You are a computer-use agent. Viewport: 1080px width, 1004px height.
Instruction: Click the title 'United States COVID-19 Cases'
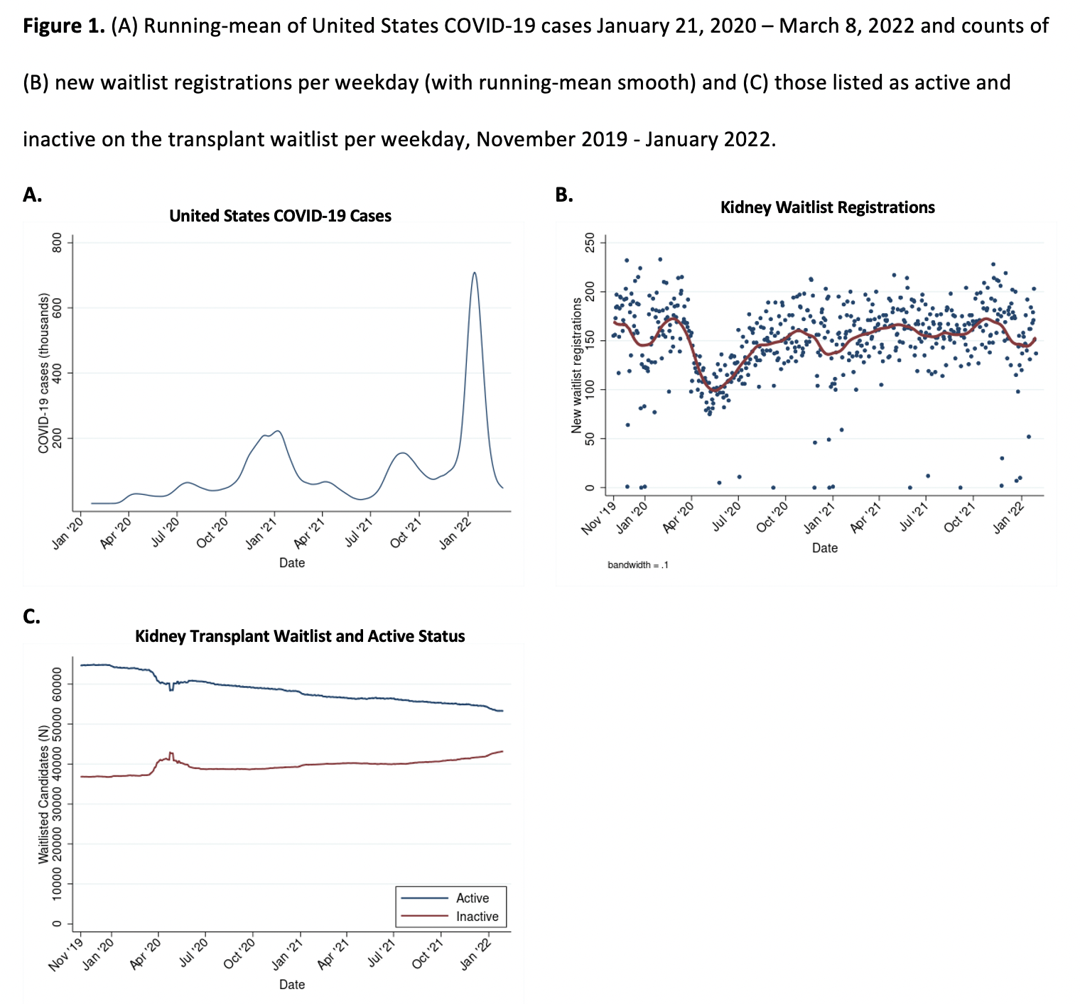pyautogui.click(x=280, y=216)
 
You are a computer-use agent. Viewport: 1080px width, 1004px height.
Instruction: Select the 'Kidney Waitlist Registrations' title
pyautogui.click(x=827, y=207)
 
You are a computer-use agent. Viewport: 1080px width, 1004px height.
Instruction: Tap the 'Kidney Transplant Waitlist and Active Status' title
pyautogui.click(x=300, y=636)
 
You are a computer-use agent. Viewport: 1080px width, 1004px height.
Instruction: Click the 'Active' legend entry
pyautogui.click(x=472, y=898)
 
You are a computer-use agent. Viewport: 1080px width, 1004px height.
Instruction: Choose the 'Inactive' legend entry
pyautogui.click(x=477, y=917)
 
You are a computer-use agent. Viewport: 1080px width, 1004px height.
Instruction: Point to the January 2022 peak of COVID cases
pyautogui.click(x=474, y=273)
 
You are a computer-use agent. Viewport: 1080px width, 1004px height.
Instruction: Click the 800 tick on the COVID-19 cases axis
pyautogui.click(x=58, y=243)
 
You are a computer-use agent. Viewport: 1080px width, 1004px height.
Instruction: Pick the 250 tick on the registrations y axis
pyautogui.click(x=589, y=243)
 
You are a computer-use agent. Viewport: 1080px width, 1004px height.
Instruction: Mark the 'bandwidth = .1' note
pyautogui.click(x=637, y=565)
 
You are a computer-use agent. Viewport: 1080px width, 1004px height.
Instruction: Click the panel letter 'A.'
pyautogui.click(x=33, y=195)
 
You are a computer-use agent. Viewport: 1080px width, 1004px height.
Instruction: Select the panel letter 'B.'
pyautogui.click(x=564, y=195)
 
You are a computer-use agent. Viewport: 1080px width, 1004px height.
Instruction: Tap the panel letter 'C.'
pyautogui.click(x=32, y=616)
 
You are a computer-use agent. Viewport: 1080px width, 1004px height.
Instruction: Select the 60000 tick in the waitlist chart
pyautogui.click(x=58, y=683)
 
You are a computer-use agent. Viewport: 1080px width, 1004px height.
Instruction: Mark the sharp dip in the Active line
pyautogui.click(x=171, y=689)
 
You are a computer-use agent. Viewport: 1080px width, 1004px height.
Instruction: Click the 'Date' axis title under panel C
pyautogui.click(x=291, y=984)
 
